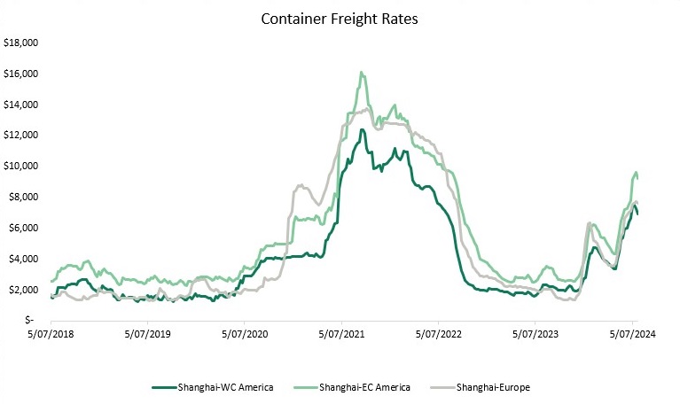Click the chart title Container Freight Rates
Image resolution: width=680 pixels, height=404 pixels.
(x=340, y=18)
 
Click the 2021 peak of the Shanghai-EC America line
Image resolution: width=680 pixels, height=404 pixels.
(x=362, y=72)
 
